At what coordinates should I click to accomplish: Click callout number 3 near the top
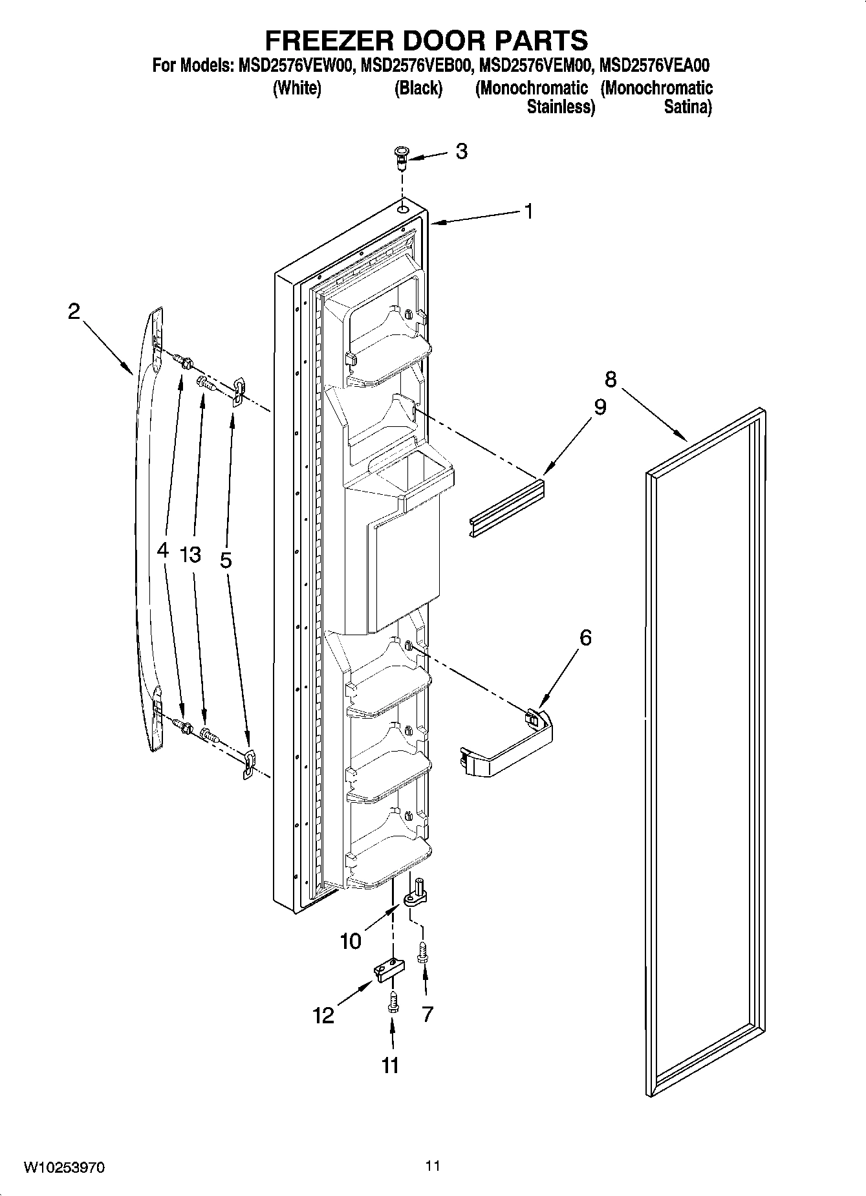pos(461,151)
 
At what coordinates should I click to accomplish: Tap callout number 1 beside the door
pos(528,211)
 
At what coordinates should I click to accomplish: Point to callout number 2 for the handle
pos(74,312)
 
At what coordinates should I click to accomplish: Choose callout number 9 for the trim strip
pos(600,408)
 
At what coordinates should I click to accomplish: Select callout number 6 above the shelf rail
pos(585,638)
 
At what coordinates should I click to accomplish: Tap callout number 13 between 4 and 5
pos(191,554)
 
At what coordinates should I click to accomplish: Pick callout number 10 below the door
pos(351,941)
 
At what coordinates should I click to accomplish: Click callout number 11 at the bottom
pos(390,1065)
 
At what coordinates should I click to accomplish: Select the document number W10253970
pos(64,1168)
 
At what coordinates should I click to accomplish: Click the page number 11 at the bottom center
pos(433,1166)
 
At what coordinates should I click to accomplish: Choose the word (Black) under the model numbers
pos(418,88)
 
